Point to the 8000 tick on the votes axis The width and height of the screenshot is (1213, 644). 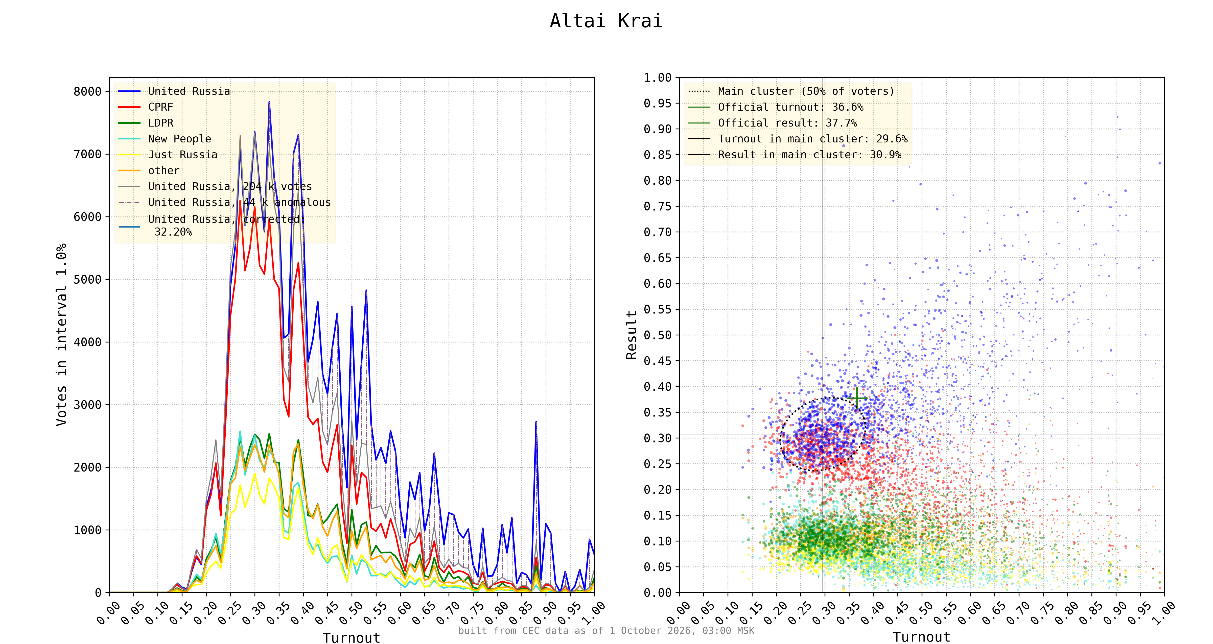[88, 91]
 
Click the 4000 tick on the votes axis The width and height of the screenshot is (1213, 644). [88, 342]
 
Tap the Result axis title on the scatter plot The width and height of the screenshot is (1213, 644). [632, 335]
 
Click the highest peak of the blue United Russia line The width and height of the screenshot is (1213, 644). [269, 102]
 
